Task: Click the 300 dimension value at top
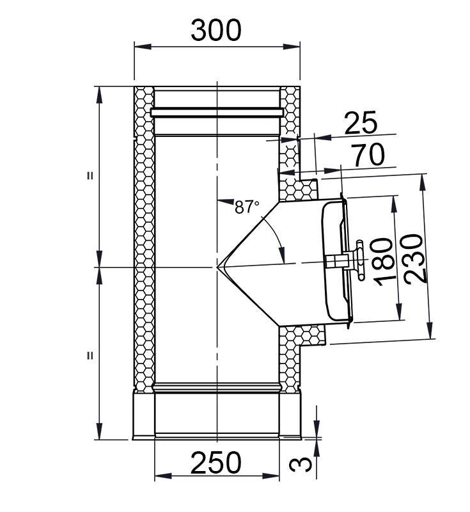coord(217,30)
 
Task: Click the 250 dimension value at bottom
coord(217,462)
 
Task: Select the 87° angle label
coord(247,207)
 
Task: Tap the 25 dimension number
coord(360,123)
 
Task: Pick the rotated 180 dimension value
coord(381,261)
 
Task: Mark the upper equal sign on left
coord(90,176)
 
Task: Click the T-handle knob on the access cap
coord(360,260)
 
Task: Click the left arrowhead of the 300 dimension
coord(139,45)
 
